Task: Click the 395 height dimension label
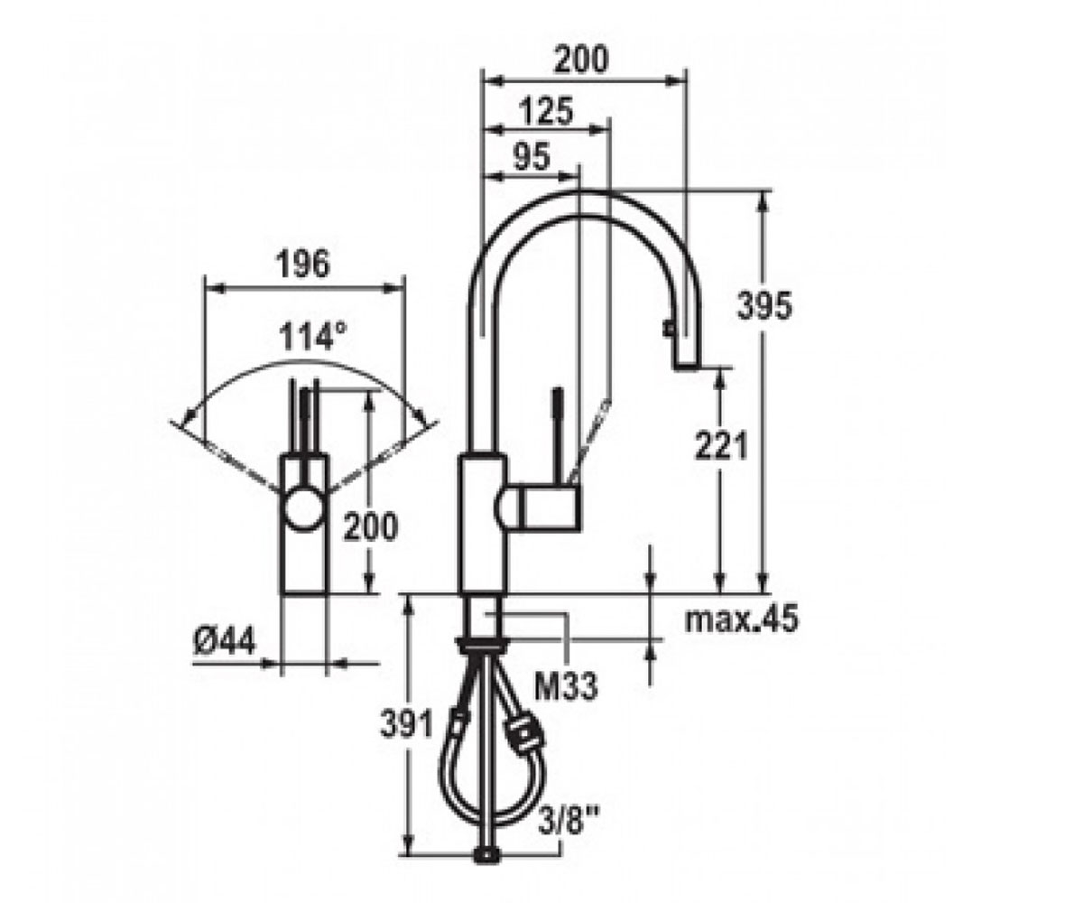coord(764,306)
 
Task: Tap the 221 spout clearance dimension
coord(721,445)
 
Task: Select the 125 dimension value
coord(546,110)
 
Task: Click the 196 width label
coord(303,264)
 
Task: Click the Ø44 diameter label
coord(225,642)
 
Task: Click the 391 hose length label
coord(406,724)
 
